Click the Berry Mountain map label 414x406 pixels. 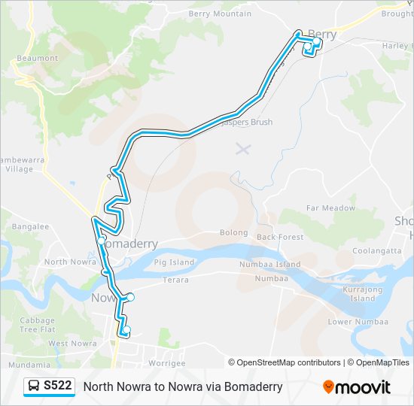pos(221,14)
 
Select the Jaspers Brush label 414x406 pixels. pos(249,122)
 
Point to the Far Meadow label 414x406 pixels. pos(330,208)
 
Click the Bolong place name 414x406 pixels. pos(233,233)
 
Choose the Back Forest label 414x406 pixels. pos(280,237)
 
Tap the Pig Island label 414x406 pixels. pos(174,262)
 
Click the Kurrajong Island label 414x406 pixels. pos(362,294)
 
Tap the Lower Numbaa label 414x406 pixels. pos(351,322)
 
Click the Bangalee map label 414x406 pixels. pos(30,226)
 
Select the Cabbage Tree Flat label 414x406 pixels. pos(38,325)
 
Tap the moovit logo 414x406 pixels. pos(357,387)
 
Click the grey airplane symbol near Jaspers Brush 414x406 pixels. pos(242,148)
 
